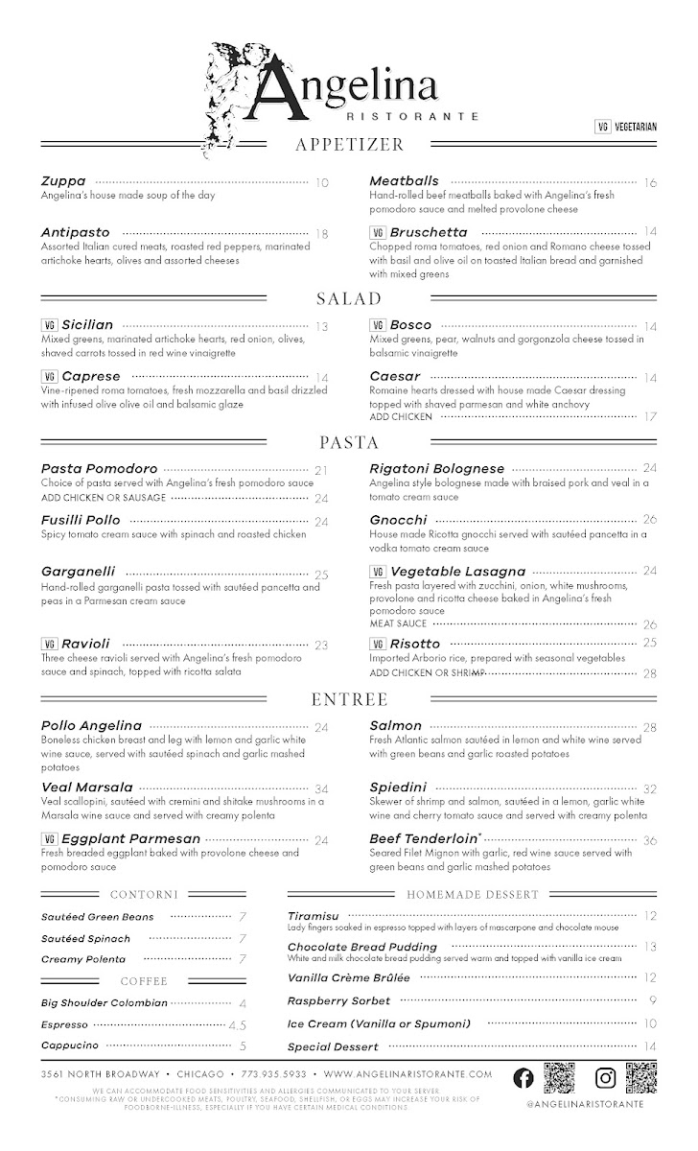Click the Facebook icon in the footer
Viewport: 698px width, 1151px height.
[x=524, y=1077]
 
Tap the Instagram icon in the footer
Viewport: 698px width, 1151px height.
[x=605, y=1077]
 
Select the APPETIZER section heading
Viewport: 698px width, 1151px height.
[x=349, y=145]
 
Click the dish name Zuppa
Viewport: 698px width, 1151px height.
[x=63, y=180]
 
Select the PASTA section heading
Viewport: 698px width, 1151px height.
[x=349, y=442]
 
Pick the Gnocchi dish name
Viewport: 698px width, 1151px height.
[x=398, y=520]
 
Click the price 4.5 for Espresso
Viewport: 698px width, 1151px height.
[x=238, y=1024]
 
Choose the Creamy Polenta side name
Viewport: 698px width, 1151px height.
[x=83, y=958]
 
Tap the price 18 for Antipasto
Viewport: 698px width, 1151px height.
[x=321, y=233]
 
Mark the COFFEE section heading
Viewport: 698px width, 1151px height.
[x=144, y=981]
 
